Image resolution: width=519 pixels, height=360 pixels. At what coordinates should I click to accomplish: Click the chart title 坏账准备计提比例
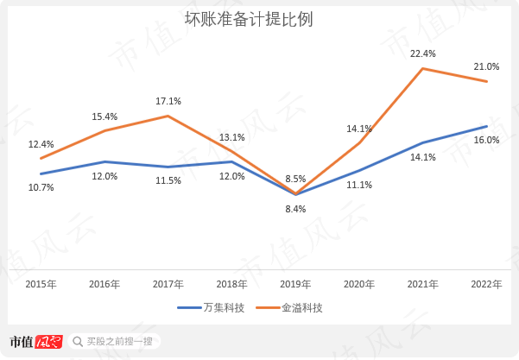[249, 19]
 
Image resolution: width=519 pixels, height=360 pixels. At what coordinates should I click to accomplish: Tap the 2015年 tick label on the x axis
[41, 284]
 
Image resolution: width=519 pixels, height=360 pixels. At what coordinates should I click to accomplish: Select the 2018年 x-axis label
[231, 284]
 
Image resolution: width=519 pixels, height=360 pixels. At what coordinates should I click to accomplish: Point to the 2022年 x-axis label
[486, 284]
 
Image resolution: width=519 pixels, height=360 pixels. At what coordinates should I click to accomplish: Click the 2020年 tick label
[358, 284]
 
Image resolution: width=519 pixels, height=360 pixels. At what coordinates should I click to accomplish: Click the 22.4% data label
[422, 54]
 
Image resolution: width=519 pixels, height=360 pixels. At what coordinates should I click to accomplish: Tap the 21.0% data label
[486, 66]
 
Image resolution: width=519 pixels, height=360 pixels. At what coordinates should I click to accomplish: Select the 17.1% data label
[168, 101]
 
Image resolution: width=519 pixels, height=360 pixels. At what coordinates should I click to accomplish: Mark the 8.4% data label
[295, 208]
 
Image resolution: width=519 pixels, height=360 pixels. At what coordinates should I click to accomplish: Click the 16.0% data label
[486, 140]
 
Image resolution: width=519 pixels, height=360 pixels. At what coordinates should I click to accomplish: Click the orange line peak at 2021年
[422, 68]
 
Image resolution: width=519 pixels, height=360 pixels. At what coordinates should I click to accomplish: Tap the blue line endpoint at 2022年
[486, 126]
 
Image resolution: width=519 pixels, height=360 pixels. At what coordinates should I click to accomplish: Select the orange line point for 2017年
[168, 116]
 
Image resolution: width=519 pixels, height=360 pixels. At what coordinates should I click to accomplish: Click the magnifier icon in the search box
[78, 342]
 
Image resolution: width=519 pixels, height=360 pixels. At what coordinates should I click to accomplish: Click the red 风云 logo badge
[48, 342]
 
